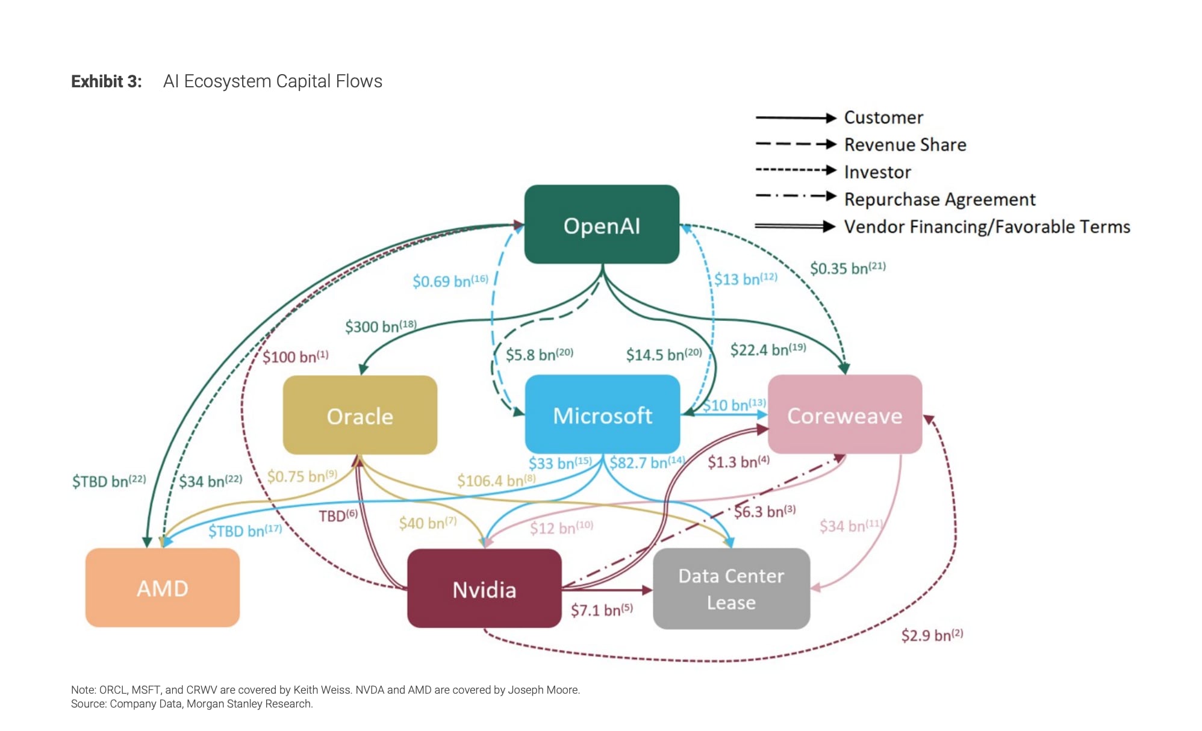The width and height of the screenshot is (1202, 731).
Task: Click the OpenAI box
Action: (602, 225)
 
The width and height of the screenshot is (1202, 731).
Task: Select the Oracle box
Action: (360, 415)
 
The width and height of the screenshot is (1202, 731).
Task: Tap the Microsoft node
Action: (602, 415)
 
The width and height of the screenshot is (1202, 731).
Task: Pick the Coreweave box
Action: (844, 415)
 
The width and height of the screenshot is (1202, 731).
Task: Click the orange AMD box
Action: (162, 588)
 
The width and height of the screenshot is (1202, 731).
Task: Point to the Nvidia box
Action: (484, 589)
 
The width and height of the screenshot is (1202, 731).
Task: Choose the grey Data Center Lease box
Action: (731, 589)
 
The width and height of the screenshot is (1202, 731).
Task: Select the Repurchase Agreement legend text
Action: (939, 199)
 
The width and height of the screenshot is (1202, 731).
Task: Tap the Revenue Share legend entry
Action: (905, 145)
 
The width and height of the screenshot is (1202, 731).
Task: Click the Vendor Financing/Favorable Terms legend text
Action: (986, 226)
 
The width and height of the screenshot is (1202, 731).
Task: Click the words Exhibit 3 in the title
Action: (106, 81)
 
